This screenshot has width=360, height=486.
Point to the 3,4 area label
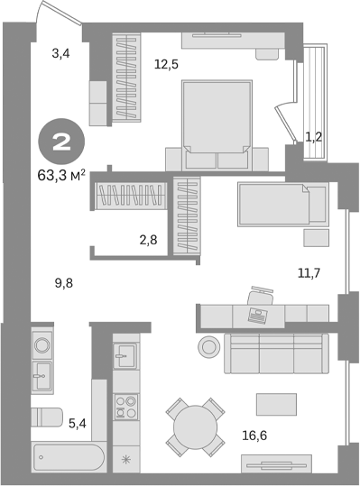tap(60, 54)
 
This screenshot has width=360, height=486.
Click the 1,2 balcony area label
tap(314, 137)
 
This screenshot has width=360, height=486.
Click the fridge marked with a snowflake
tap(125, 460)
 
